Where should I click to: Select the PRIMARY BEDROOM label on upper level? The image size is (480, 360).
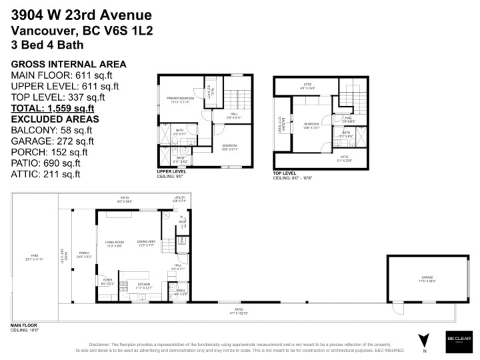point(180,100)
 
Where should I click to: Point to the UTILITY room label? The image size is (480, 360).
point(179,198)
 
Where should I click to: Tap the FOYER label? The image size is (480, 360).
point(107,282)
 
